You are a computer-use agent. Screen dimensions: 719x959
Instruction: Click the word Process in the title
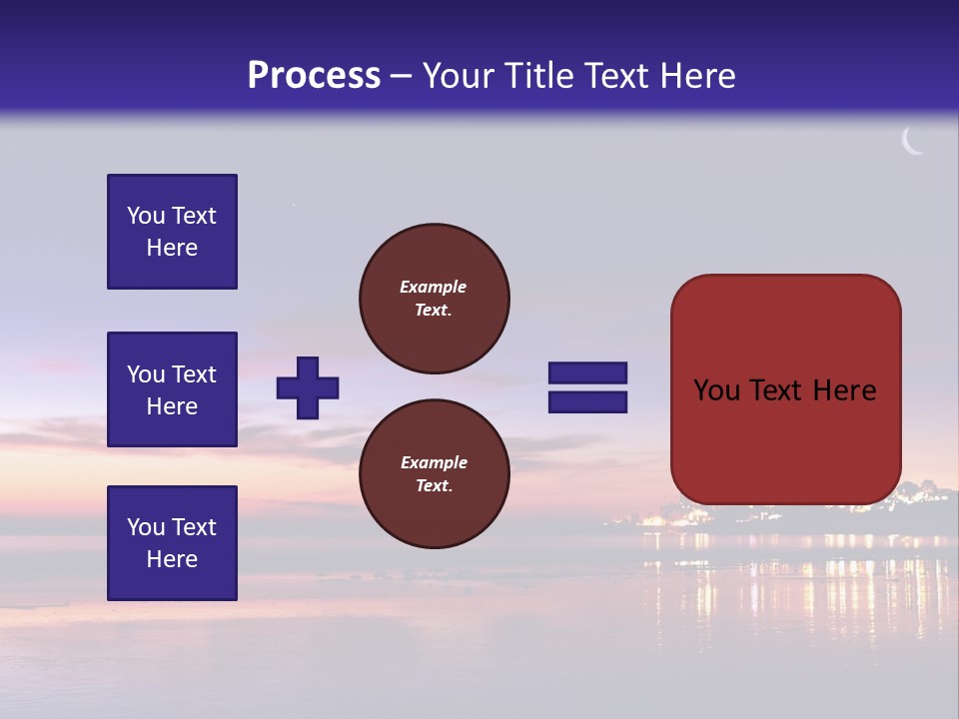pyautogui.click(x=314, y=76)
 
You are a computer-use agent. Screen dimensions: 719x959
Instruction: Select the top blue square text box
pyautogui.click(x=172, y=232)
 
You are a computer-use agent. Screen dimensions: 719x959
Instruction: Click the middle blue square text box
pyautogui.click(x=172, y=389)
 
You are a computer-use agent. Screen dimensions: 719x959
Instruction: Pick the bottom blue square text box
pyautogui.click(x=172, y=543)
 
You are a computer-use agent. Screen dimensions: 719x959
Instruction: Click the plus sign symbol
pyautogui.click(x=308, y=387)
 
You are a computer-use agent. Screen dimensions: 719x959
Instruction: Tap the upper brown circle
pyautogui.click(x=435, y=298)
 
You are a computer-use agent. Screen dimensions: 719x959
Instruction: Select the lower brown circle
pyautogui.click(x=435, y=473)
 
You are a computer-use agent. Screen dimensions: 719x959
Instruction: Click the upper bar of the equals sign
pyautogui.click(x=587, y=372)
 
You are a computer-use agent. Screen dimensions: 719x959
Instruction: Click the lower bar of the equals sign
pyautogui.click(x=587, y=402)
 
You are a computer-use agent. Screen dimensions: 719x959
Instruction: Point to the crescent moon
pyautogui.click(x=912, y=142)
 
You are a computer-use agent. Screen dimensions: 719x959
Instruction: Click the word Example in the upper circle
pyautogui.click(x=433, y=287)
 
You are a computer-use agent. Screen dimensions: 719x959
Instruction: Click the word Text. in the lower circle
pyautogui.click(x=433, y=486)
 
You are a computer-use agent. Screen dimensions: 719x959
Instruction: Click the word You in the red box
pyautogui.click(x=716, y=390)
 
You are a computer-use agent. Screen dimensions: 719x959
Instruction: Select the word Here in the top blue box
pyautogui.click(x=172, y=248)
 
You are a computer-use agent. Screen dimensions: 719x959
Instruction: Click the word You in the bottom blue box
pyautogui.click(x=146, y=527)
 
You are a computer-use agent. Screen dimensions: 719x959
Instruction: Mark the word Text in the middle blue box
pyautogui.click(x=194, y=374)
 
